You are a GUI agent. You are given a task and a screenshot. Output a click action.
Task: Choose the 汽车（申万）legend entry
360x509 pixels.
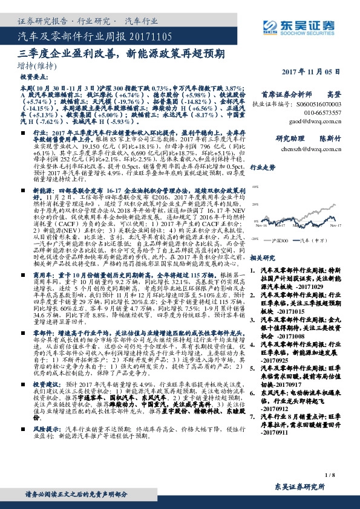click(x=320, y=239)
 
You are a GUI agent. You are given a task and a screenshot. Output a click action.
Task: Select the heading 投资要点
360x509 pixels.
click(x=33, y=78)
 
